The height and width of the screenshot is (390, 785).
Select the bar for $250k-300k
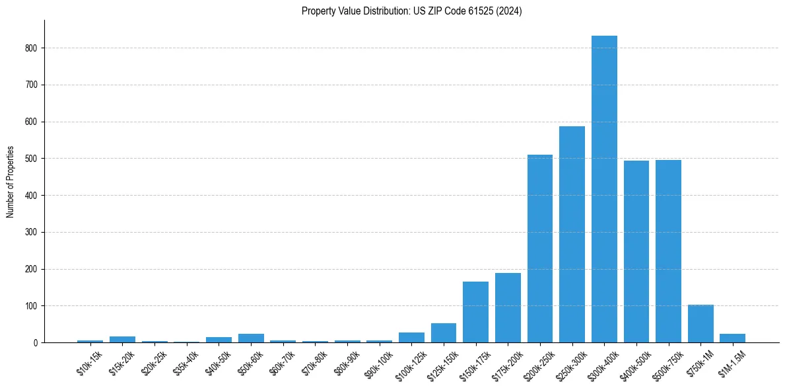[x=572, y=235]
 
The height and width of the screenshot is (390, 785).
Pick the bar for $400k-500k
[x=636, y=252]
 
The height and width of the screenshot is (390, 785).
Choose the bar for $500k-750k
[x=668, y=251]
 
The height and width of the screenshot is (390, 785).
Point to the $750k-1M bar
[x=700, y=324]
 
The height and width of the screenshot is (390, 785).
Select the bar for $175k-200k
[x=508, y=308]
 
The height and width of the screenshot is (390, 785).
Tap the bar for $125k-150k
[x=444, y=333]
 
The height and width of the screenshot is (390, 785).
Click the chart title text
[x=411, y=11]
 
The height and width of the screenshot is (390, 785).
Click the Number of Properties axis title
[x=11, y=182]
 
